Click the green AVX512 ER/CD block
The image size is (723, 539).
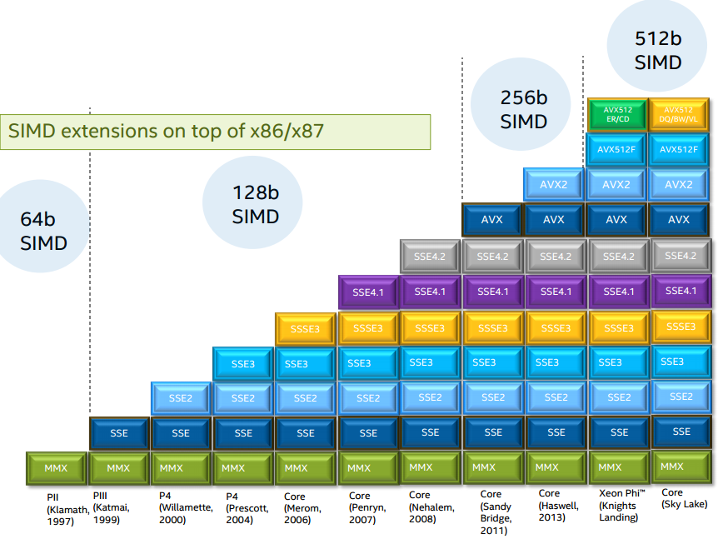[616, 114]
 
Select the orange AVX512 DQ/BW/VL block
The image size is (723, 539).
[680, 114]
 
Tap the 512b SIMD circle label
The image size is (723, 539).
[658, 51]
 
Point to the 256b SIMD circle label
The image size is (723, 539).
[523, 109]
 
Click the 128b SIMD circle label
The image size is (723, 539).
[256, 205]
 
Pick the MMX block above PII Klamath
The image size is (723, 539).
[56, 468]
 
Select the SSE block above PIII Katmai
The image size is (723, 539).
[118, 433]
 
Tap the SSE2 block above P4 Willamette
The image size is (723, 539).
[181, 398]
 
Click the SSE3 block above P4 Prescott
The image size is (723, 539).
[243, 363]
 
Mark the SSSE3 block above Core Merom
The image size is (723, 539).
[306, 329]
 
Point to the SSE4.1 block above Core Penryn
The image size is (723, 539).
[368, 292]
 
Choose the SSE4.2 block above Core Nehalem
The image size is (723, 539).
[431, 257]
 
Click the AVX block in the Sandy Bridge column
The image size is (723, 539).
[493, 220]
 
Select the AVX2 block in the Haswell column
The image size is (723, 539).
[554, 184]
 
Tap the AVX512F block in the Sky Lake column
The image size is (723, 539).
[680, 150]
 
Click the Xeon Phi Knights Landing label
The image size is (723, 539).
[617, 506]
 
